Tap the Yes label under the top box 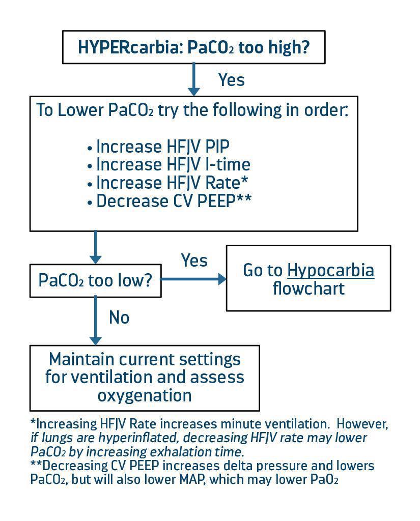click(231, 80)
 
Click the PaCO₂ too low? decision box click(96, 280)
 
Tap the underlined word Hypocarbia click(330, 270)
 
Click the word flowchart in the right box click(308, 288)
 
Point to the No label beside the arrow click(119, 317)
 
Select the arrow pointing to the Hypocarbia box click(193, 279)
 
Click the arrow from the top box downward click(193, 79)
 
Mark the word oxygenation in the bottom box click(145, 395)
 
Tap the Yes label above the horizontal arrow click(194, 260)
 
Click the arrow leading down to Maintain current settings click(95, 321)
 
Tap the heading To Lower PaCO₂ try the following click(192, 110)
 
